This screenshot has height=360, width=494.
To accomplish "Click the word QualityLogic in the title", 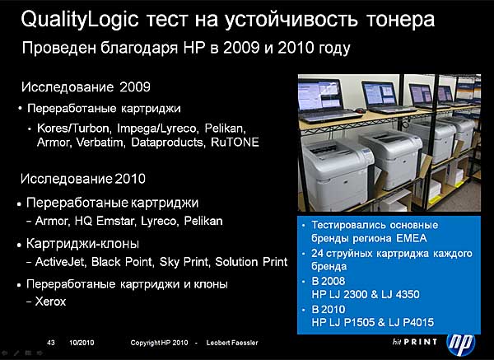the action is click(80, 20).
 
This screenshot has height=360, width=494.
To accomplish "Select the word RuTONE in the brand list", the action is click(235, 143).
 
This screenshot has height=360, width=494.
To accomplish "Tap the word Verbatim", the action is click(100, 143).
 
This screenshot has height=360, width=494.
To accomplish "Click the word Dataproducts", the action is click(166, 143).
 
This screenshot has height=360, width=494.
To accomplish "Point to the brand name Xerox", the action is click(50, 302).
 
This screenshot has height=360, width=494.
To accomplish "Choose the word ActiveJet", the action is click(60, 262).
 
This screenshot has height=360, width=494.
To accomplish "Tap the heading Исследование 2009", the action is click(86, 87).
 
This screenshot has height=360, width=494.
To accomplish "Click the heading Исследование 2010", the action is click(83, 179).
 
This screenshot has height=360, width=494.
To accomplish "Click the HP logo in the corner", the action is click(460, 343).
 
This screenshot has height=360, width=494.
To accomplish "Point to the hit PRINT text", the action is click(415, 342).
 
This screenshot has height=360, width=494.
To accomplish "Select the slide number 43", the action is click(51, 343).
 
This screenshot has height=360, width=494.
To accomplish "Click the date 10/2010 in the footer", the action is click(82, 343).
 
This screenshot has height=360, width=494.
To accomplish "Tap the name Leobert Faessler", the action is click(232, 343).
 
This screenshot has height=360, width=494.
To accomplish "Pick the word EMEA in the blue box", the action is click(412, 238).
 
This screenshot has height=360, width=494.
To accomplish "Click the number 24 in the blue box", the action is click(317, 254).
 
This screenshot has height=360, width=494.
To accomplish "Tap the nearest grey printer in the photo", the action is click(336, 173).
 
